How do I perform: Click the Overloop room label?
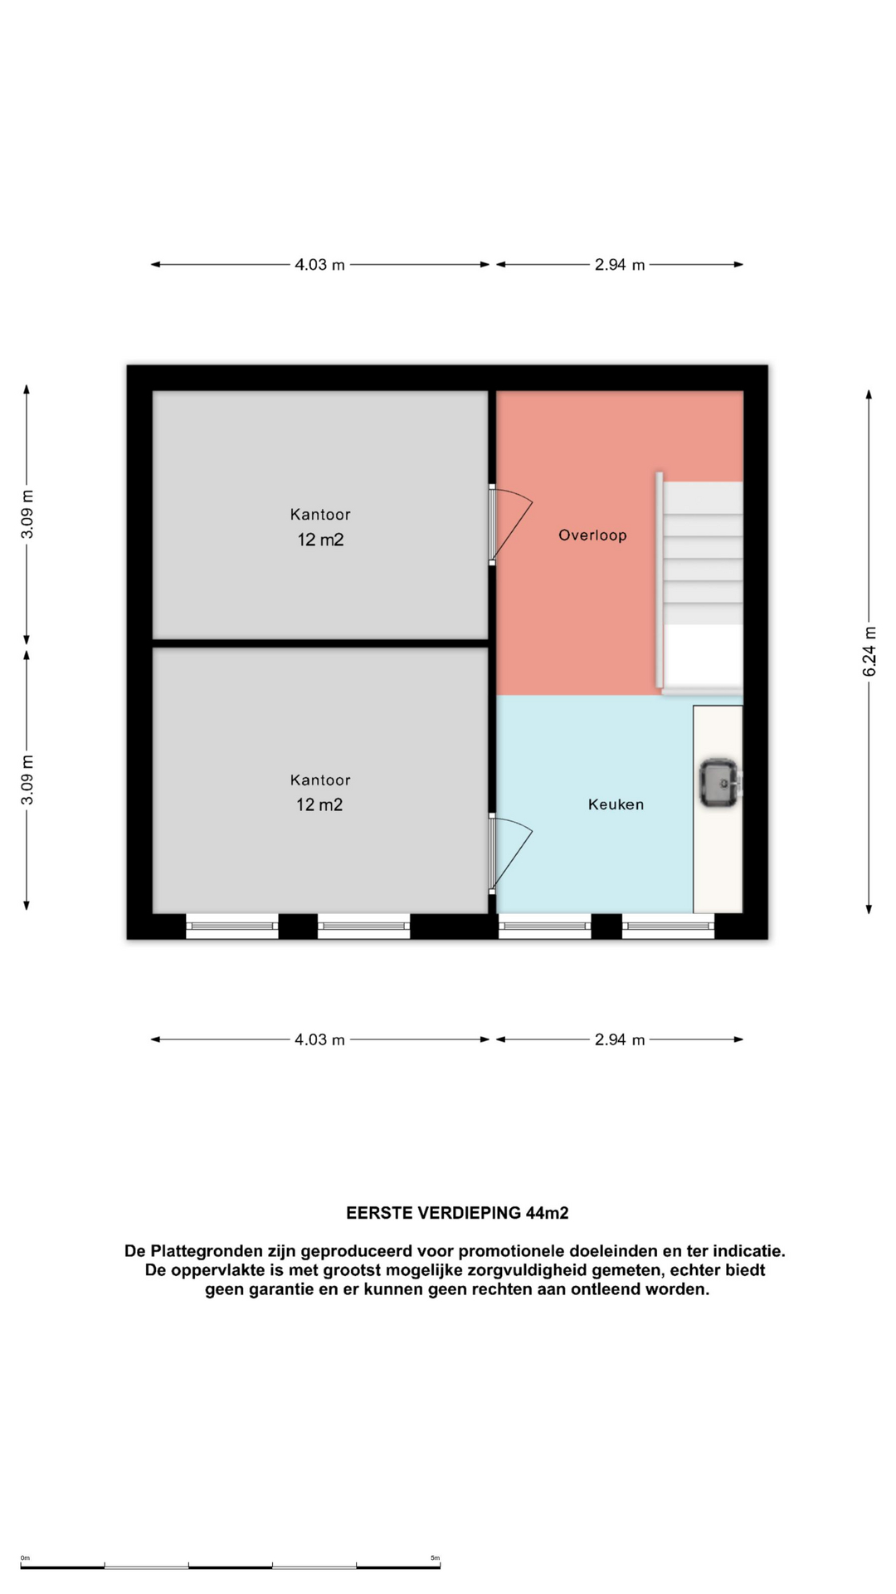592,535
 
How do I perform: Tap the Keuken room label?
616,804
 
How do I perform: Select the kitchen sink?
719,783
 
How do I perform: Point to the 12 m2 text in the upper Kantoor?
320,540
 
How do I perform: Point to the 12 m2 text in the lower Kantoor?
319,804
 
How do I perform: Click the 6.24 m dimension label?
869,652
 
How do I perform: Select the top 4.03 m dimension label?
319,265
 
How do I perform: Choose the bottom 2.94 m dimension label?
620,1039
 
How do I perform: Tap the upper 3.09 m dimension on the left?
27,515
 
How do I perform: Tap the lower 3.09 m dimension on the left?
27,780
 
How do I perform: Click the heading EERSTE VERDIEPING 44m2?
457,1213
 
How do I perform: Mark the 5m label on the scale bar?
435,1558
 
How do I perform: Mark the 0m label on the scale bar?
25,1558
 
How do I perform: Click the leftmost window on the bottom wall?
232,926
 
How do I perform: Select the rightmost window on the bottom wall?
668,926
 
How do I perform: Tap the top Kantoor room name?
320,515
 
